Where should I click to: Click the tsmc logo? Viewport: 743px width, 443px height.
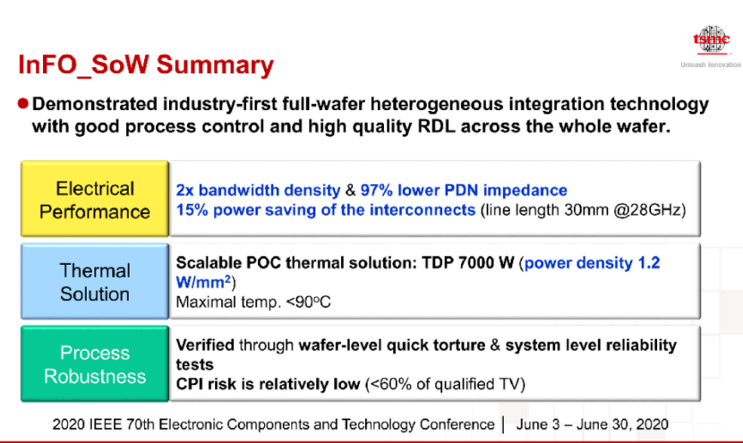pyautogui.click(x=712, y=40)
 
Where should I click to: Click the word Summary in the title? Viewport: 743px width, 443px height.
pyautogui.click(x=215, y=65)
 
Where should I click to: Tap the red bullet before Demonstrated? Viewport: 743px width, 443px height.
pyautogui.click(x=22, y=103)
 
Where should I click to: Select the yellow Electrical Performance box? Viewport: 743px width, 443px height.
pyautogui.click(x=95, y=199)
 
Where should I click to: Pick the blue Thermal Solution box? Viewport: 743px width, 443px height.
pyautogui.click(x=95, y=281)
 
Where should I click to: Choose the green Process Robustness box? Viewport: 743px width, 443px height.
pyautogui.click(x=95, y=364)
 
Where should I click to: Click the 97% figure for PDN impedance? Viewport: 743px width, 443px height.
pyautogui.click(x=376, y=191)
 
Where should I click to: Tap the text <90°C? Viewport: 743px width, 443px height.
pyautogui.click(x=308, y=302)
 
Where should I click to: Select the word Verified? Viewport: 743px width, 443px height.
pyautogui.click(x=205, y=345)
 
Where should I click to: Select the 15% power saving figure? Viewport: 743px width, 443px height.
pyautogui.click(x=192, y=210)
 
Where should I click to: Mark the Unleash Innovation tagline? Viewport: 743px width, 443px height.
pyautogui.click(x=711, y=65)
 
